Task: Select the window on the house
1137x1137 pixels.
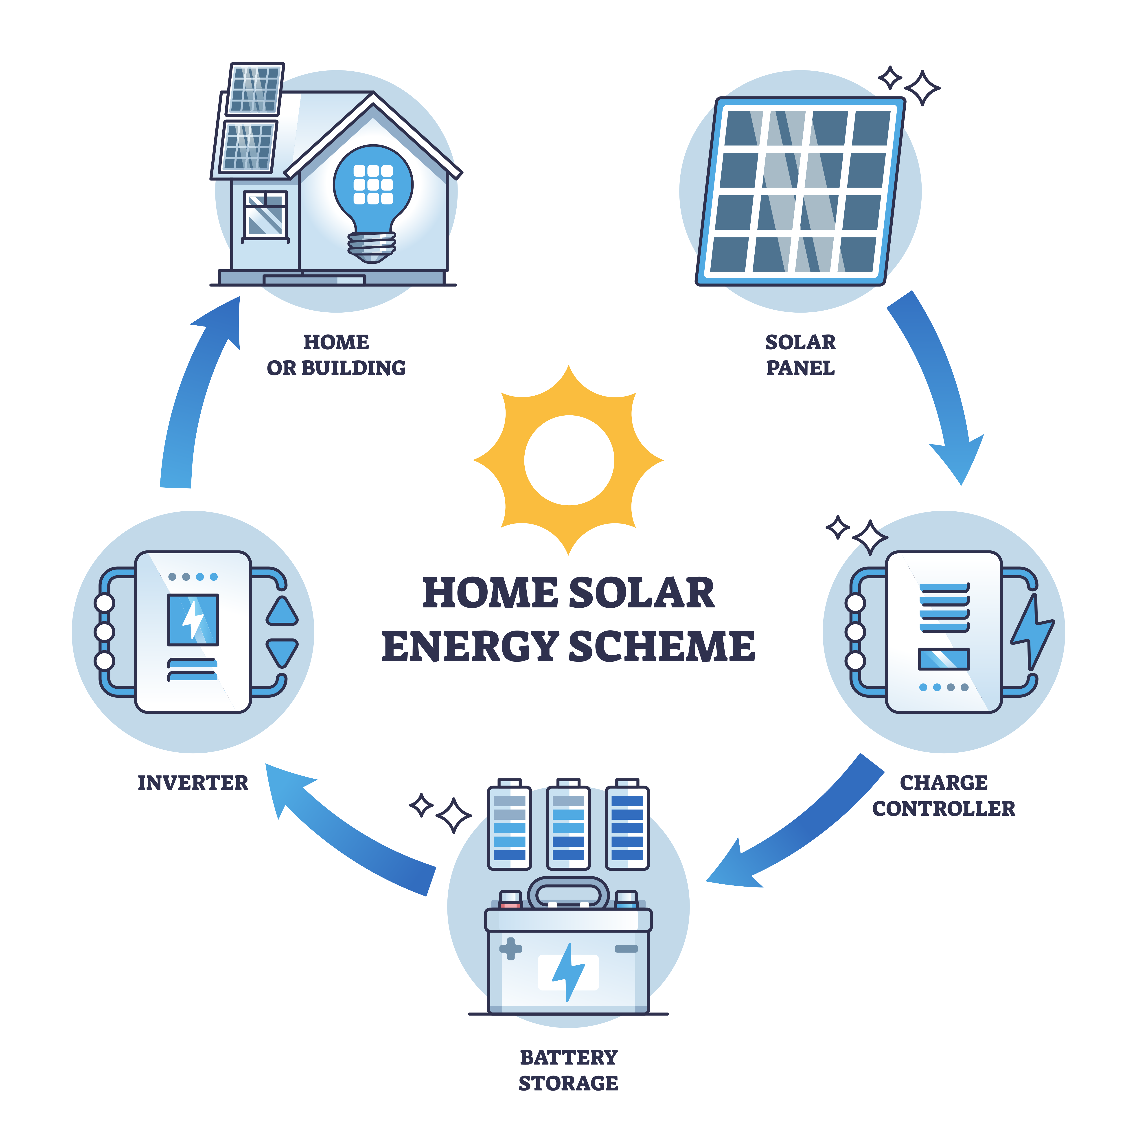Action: point(265,215)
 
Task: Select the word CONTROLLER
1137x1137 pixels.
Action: point(943,809)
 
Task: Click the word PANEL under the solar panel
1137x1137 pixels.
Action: point(800,368)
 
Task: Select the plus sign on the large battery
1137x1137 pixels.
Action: point(510,949)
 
